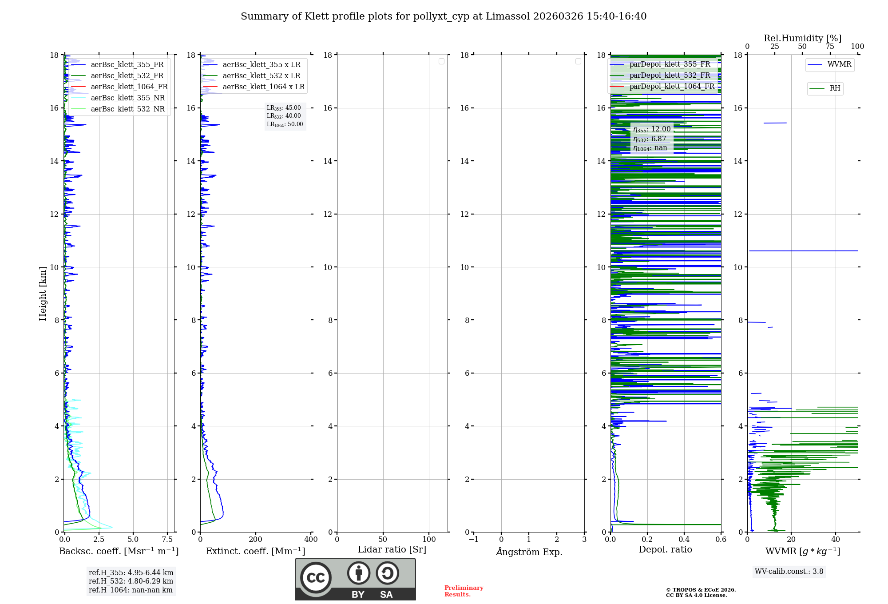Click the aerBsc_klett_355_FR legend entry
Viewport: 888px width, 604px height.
coord(127,65)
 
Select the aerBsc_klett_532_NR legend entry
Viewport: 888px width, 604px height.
coord(127,109)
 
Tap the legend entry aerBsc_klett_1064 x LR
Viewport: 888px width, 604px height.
coord(263,87)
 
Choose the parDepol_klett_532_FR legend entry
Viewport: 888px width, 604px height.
coord(670,75)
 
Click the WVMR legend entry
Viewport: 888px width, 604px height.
coord(839,65)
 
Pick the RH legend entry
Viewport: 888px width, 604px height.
coord(835,88)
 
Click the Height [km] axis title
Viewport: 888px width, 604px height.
coord(43,294)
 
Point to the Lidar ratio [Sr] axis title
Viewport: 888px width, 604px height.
coord(392,550)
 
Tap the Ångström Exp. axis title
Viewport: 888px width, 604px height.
coord(529,552)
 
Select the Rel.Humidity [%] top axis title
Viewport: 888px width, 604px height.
coord(802,38)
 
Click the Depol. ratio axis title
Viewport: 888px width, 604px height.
coord(665,550)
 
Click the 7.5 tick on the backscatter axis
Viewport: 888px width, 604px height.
coord(167,540)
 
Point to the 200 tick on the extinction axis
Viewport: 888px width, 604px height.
coord(255,540)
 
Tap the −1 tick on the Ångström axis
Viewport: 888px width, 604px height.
coord(473,540)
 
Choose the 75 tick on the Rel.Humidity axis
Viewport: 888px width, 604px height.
coord(829,47)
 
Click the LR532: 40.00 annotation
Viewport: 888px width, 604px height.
coord(284,116)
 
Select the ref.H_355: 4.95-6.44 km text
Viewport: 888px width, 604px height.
coord(131,573)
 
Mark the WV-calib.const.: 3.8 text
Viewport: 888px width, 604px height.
coord(789,572)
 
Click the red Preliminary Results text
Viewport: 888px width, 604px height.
coord(464,591)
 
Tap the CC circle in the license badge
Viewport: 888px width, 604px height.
coord(316,578)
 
